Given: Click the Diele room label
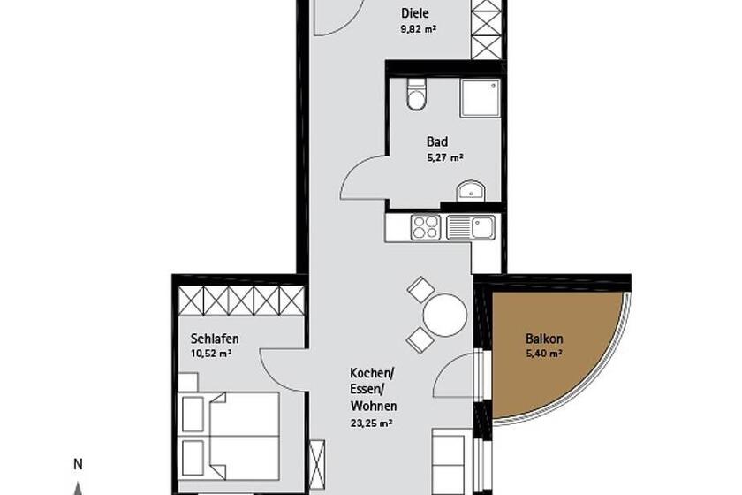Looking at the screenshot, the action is pos(415,12).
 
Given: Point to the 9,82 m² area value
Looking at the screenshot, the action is pos(418,29).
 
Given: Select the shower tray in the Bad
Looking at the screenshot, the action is pos(481,98).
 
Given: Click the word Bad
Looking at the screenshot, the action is pos(437,141).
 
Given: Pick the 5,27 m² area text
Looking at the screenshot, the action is pos(445,157).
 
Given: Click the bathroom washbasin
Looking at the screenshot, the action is pos(471,191).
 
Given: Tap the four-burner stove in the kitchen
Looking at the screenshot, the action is pos(426,227).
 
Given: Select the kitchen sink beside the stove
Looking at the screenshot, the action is pos(471,227).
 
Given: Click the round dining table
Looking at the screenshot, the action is pos(445,315).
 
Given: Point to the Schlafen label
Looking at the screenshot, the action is pos(215,339).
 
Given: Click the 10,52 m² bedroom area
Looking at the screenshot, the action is pos(211,354).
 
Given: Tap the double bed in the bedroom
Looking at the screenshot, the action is pos(229,436).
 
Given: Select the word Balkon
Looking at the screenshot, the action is pos(544,339).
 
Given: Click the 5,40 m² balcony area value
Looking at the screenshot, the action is pos(544,354).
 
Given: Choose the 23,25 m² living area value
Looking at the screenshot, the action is pos(372,423).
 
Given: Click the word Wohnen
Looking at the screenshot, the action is pos(374,406).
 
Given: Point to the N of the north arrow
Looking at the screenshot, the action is pos(78,465).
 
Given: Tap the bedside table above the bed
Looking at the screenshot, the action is pos(188,382).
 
